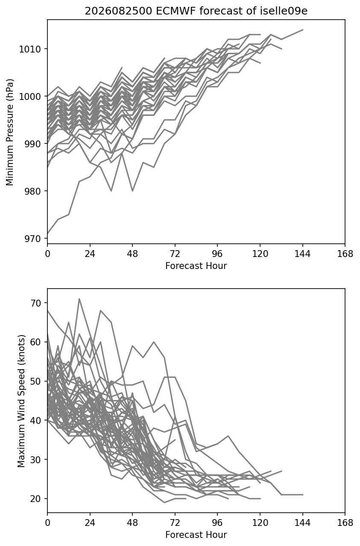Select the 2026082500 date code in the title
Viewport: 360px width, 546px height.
(x=119, y=11)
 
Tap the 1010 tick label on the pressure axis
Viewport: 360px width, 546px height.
(x=30, y=49)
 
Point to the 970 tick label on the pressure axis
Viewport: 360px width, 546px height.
(x=32, y=239)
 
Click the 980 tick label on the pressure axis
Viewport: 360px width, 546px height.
(x=32, y=191)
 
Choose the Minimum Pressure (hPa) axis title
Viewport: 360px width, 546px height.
(x=9, y=132)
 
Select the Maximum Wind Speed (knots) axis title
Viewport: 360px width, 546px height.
(x=21, y=401)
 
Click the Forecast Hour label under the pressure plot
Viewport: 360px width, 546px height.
(x=196, y=266)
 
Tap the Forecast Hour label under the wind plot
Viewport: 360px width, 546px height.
(x=196, y=535)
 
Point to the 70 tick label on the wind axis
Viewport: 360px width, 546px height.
(x=35, y=303)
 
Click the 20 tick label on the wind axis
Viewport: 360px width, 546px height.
(x=35, y=499)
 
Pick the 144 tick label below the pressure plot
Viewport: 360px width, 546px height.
(x=302, y=254)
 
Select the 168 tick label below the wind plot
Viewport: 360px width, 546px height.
(x=345, y=523)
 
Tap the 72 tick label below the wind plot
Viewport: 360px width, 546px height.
(x=175, y=523)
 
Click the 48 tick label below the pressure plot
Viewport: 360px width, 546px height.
(x=132, y=254)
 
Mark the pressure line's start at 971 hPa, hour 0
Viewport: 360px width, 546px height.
(x=47, y=234)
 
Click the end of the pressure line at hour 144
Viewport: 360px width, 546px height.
(x=303, y=30)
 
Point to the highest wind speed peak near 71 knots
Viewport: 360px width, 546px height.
(x=79, y=299)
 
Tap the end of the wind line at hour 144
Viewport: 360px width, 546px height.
(x=303, y=495)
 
